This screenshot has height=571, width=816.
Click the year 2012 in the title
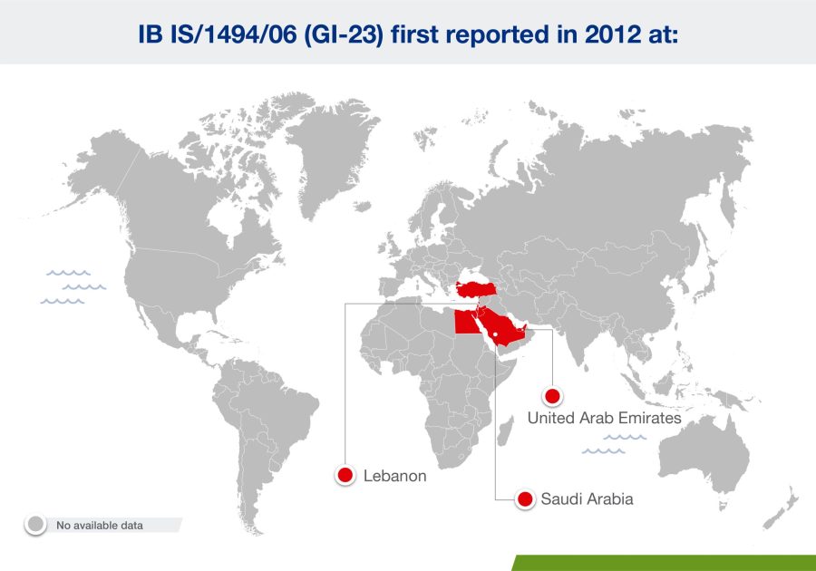(x=613, y=34)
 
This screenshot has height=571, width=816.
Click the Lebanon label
(x=395, y=476)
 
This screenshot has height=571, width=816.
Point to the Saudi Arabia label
(x=587, y=498)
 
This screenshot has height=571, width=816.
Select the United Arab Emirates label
(x=604, y=418)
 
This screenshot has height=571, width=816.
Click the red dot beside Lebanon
(x=345, y=475)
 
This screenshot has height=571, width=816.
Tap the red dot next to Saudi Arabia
(x=525, y=498)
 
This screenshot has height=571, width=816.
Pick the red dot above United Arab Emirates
(x=552, y=396)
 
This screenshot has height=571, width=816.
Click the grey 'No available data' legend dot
(x=36, y=524)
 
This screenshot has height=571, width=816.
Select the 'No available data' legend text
(x=100, y=526)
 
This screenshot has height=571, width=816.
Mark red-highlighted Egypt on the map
(x=466, y=323)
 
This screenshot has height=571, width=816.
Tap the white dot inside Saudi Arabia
(x=496, y=334)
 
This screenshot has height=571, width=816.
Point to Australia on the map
(x=704, y=458)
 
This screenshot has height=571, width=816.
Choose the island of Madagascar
(x=505, y=431)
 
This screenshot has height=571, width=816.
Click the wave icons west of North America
(x=73, y=287)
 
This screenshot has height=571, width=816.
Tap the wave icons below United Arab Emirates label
(x=614, y=445)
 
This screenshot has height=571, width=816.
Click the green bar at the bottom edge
(x=664, y=563)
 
